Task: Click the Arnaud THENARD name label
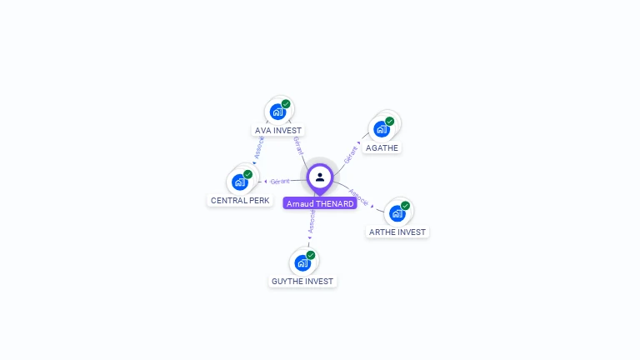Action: click(x=320, y=203)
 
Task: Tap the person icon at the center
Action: click(x=320, y=177)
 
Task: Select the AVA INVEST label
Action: click(x=278, y=131)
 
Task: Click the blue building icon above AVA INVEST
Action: click(x=277, y=112)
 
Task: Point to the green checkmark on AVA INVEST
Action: click(x=286, y=104)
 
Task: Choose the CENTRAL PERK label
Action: click(x=240, y=201)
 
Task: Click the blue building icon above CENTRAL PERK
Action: click(x=240, y=182)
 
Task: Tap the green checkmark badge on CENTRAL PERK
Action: click(x=247, y=174)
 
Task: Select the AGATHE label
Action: click(x=382, y=148)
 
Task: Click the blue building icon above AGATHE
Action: click(x=381, y=129)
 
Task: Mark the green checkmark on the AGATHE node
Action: click(x=389, y=122)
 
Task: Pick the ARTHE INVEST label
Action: click(x=397, y=232)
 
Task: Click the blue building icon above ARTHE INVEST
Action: click(x=397, y=213)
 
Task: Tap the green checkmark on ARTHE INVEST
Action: click(x=405, y=206)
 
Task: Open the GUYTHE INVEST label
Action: click(x=302, y=282)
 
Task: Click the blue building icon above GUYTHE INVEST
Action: click(x=302, y=262)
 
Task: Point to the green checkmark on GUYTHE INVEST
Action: click(x=311, y=255)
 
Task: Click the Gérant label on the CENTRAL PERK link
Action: click(x=280, y=181)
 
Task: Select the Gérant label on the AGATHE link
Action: click(x=351, y=153)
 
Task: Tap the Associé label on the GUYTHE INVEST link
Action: click(x=311, y=221)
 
